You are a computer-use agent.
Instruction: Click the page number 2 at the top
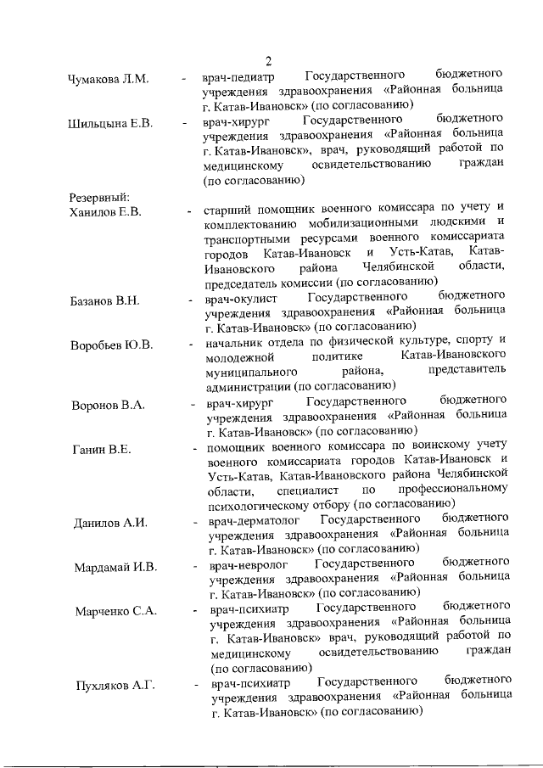click(269, 60)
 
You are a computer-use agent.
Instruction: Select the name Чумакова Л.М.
click(108, 80)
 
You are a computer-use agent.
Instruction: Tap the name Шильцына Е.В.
click(110, 124)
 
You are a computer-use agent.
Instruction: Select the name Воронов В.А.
click(109, 405)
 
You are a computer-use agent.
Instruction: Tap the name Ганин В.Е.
click(102, 448)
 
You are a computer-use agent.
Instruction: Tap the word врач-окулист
click(241, 296)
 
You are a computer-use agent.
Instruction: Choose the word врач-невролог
click(246, 563)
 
